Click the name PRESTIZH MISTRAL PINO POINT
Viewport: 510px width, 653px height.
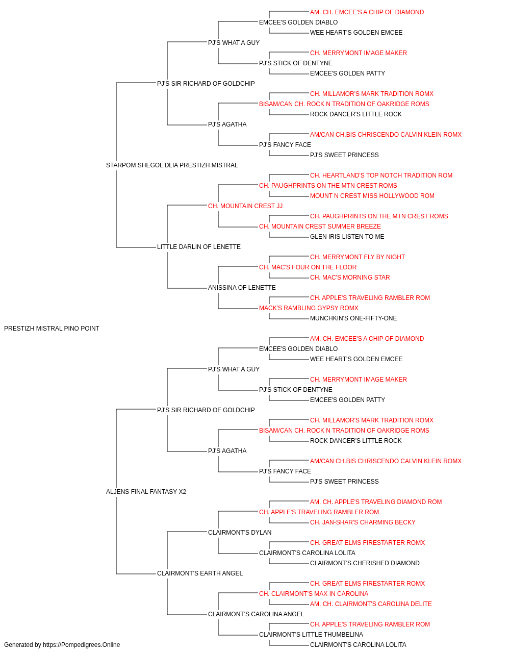[52, 329]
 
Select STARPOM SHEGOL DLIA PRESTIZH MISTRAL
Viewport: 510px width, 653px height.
[172, 165]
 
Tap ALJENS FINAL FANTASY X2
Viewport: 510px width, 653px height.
[146, 492]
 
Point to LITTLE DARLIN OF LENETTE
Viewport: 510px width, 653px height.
[198, 247]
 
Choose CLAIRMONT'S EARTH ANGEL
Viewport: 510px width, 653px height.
[200, 573]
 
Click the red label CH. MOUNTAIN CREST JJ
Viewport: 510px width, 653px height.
[245, 206]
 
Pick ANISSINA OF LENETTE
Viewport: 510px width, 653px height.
[242, 288]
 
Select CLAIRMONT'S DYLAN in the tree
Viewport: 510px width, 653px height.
[240, 533]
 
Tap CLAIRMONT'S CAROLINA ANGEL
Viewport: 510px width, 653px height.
[256, 614]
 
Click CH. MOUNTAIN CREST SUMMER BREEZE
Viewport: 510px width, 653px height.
[320, 227]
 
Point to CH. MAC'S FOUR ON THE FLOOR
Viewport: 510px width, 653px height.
[308, 267]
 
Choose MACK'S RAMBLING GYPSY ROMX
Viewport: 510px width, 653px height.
[309, 308]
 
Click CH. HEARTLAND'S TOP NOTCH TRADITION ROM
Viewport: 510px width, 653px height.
[381, 175]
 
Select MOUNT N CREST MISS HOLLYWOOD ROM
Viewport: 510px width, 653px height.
[372, 196]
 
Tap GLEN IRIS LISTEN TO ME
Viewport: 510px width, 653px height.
[347, 237]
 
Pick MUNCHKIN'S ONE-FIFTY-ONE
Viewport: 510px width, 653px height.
[353, 318]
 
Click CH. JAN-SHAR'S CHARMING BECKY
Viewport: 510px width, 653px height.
[363, 522]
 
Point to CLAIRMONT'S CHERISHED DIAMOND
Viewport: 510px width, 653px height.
[365, 563]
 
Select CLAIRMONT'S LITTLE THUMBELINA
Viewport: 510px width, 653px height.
[311, 635]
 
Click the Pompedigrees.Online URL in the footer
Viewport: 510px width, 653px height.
[82, 645]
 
